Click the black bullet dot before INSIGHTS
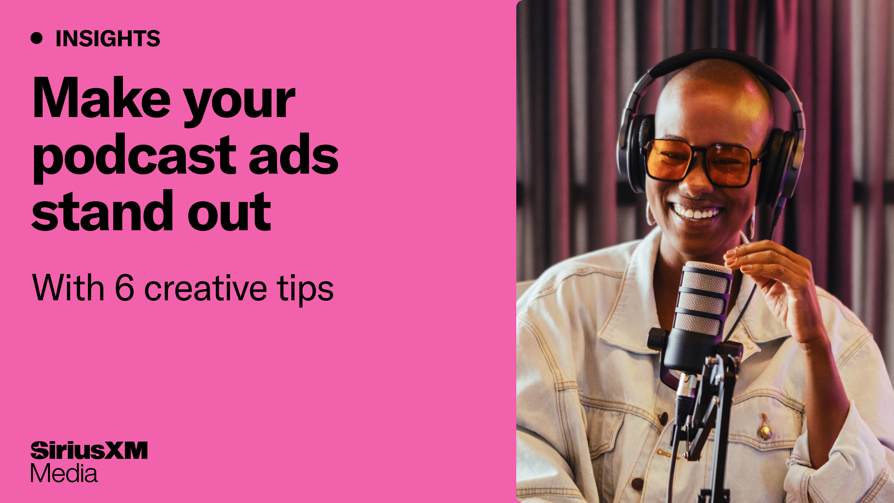tap(37, 38)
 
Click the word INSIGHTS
tap(108, 39)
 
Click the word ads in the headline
tap(294, 156)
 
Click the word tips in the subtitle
tap(305, 290)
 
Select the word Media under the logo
tap(64, 474)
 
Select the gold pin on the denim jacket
tap(764, 431)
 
